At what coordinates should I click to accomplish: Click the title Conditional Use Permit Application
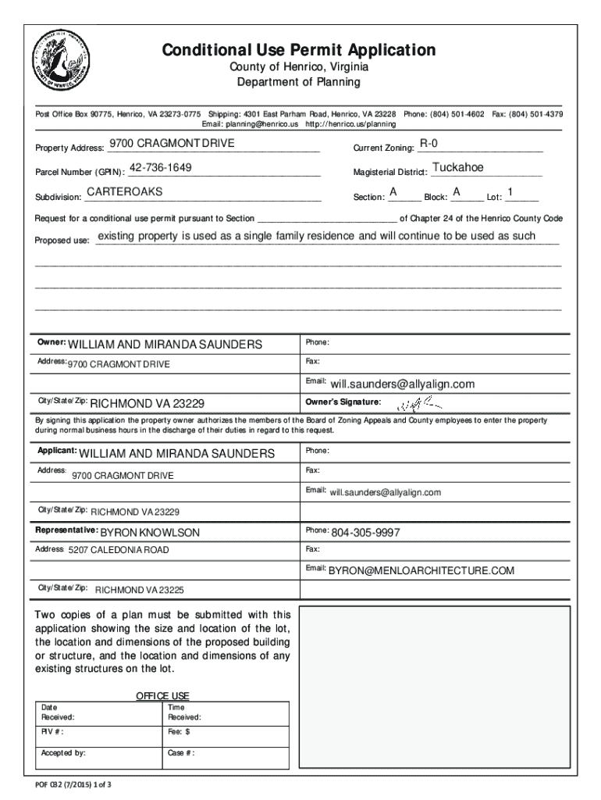coord(299,51)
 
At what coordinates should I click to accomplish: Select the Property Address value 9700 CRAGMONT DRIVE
coord(171,144)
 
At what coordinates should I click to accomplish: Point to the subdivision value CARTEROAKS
coord(124,192)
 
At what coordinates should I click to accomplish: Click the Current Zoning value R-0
coord(429,144)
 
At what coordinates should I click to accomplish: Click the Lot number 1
coord(510,192)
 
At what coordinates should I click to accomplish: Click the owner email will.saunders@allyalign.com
coord(402,384)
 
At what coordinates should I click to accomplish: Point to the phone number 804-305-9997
coord(365,532)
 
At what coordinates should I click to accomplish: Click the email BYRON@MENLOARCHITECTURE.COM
coord(421,570)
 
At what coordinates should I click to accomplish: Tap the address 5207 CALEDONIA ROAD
coord(119,550)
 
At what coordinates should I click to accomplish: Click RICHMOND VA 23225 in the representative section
coord(140,590)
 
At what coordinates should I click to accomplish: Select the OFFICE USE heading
coord(162,696)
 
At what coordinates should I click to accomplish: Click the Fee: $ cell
coord(226,732)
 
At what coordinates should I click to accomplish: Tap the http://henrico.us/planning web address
coord(350,123)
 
